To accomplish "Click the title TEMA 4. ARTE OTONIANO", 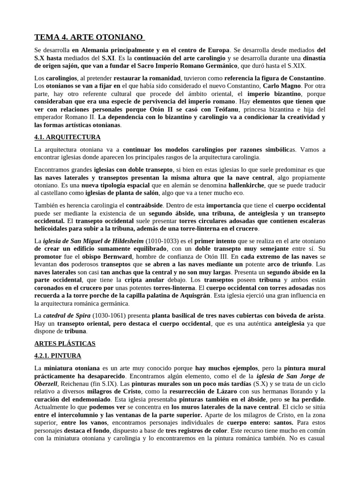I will pyautogui.click(x=90, y=37).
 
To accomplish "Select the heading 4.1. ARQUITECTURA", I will pyautogui.click(x=67, y=137).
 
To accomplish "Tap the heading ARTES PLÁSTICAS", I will pyautogui.click(x=65, y=343).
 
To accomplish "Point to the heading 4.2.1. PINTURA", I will pyautogui.click(x=58, y=356).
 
